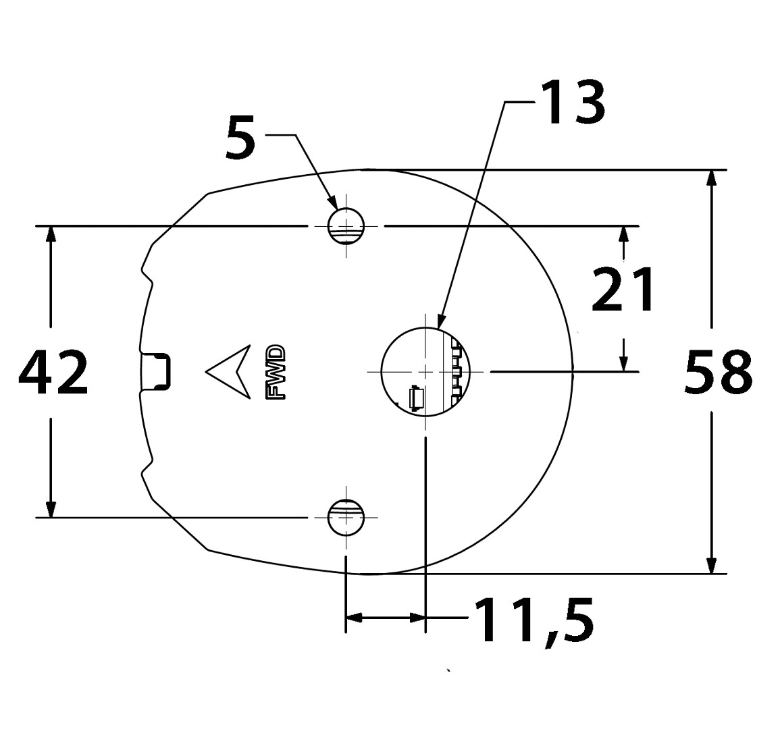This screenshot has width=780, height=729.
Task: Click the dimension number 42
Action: [x=53, y=372]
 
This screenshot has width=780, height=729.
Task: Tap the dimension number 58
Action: [x=718, y=372]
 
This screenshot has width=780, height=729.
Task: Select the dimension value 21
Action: [x=623, y=290]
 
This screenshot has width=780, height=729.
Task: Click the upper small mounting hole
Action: [x=346, y=226]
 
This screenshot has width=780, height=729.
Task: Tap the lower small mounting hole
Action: [x=346, y=517]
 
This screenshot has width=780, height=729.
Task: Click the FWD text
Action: [x=277, y=373]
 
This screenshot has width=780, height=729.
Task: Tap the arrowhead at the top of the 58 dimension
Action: [x=712, y=185]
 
